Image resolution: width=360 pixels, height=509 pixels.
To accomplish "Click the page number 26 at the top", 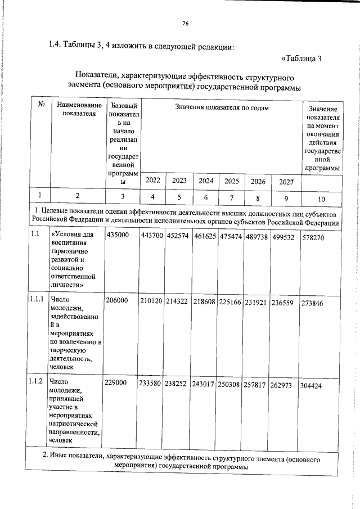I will pos(185,23).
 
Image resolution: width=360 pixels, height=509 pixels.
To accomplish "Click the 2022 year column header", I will pos(152,181).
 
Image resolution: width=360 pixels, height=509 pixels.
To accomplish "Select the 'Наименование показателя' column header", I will pos(76,109).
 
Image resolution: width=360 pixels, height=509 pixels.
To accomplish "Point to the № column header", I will pos(41,105).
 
